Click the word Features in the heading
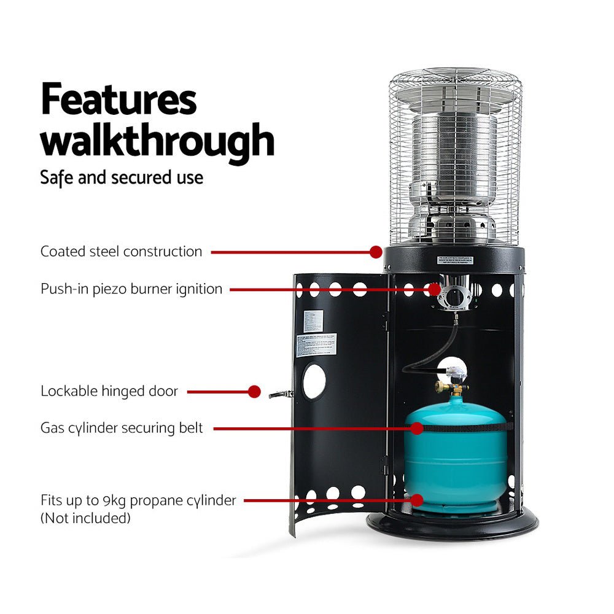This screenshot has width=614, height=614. pos(119,101)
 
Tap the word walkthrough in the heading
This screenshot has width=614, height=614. pos(157,141)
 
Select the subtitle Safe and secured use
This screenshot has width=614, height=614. pos(122,178)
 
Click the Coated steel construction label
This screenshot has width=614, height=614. pos(121,251)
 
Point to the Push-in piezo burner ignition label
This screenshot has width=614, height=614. pos(131,289)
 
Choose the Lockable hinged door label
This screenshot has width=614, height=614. pos(109,391)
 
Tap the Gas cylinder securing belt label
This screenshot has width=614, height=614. pos(122,428)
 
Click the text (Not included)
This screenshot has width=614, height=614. pos(85,518)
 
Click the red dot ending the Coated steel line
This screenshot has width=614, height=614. pos(376,251)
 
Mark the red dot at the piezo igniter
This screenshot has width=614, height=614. pos(435,289)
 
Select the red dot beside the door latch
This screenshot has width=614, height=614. pos(255,391)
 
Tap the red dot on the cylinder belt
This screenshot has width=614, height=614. pos(417,428)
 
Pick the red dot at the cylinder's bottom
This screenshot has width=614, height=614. pos(417,500)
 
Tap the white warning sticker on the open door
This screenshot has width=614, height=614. pos(317,346)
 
